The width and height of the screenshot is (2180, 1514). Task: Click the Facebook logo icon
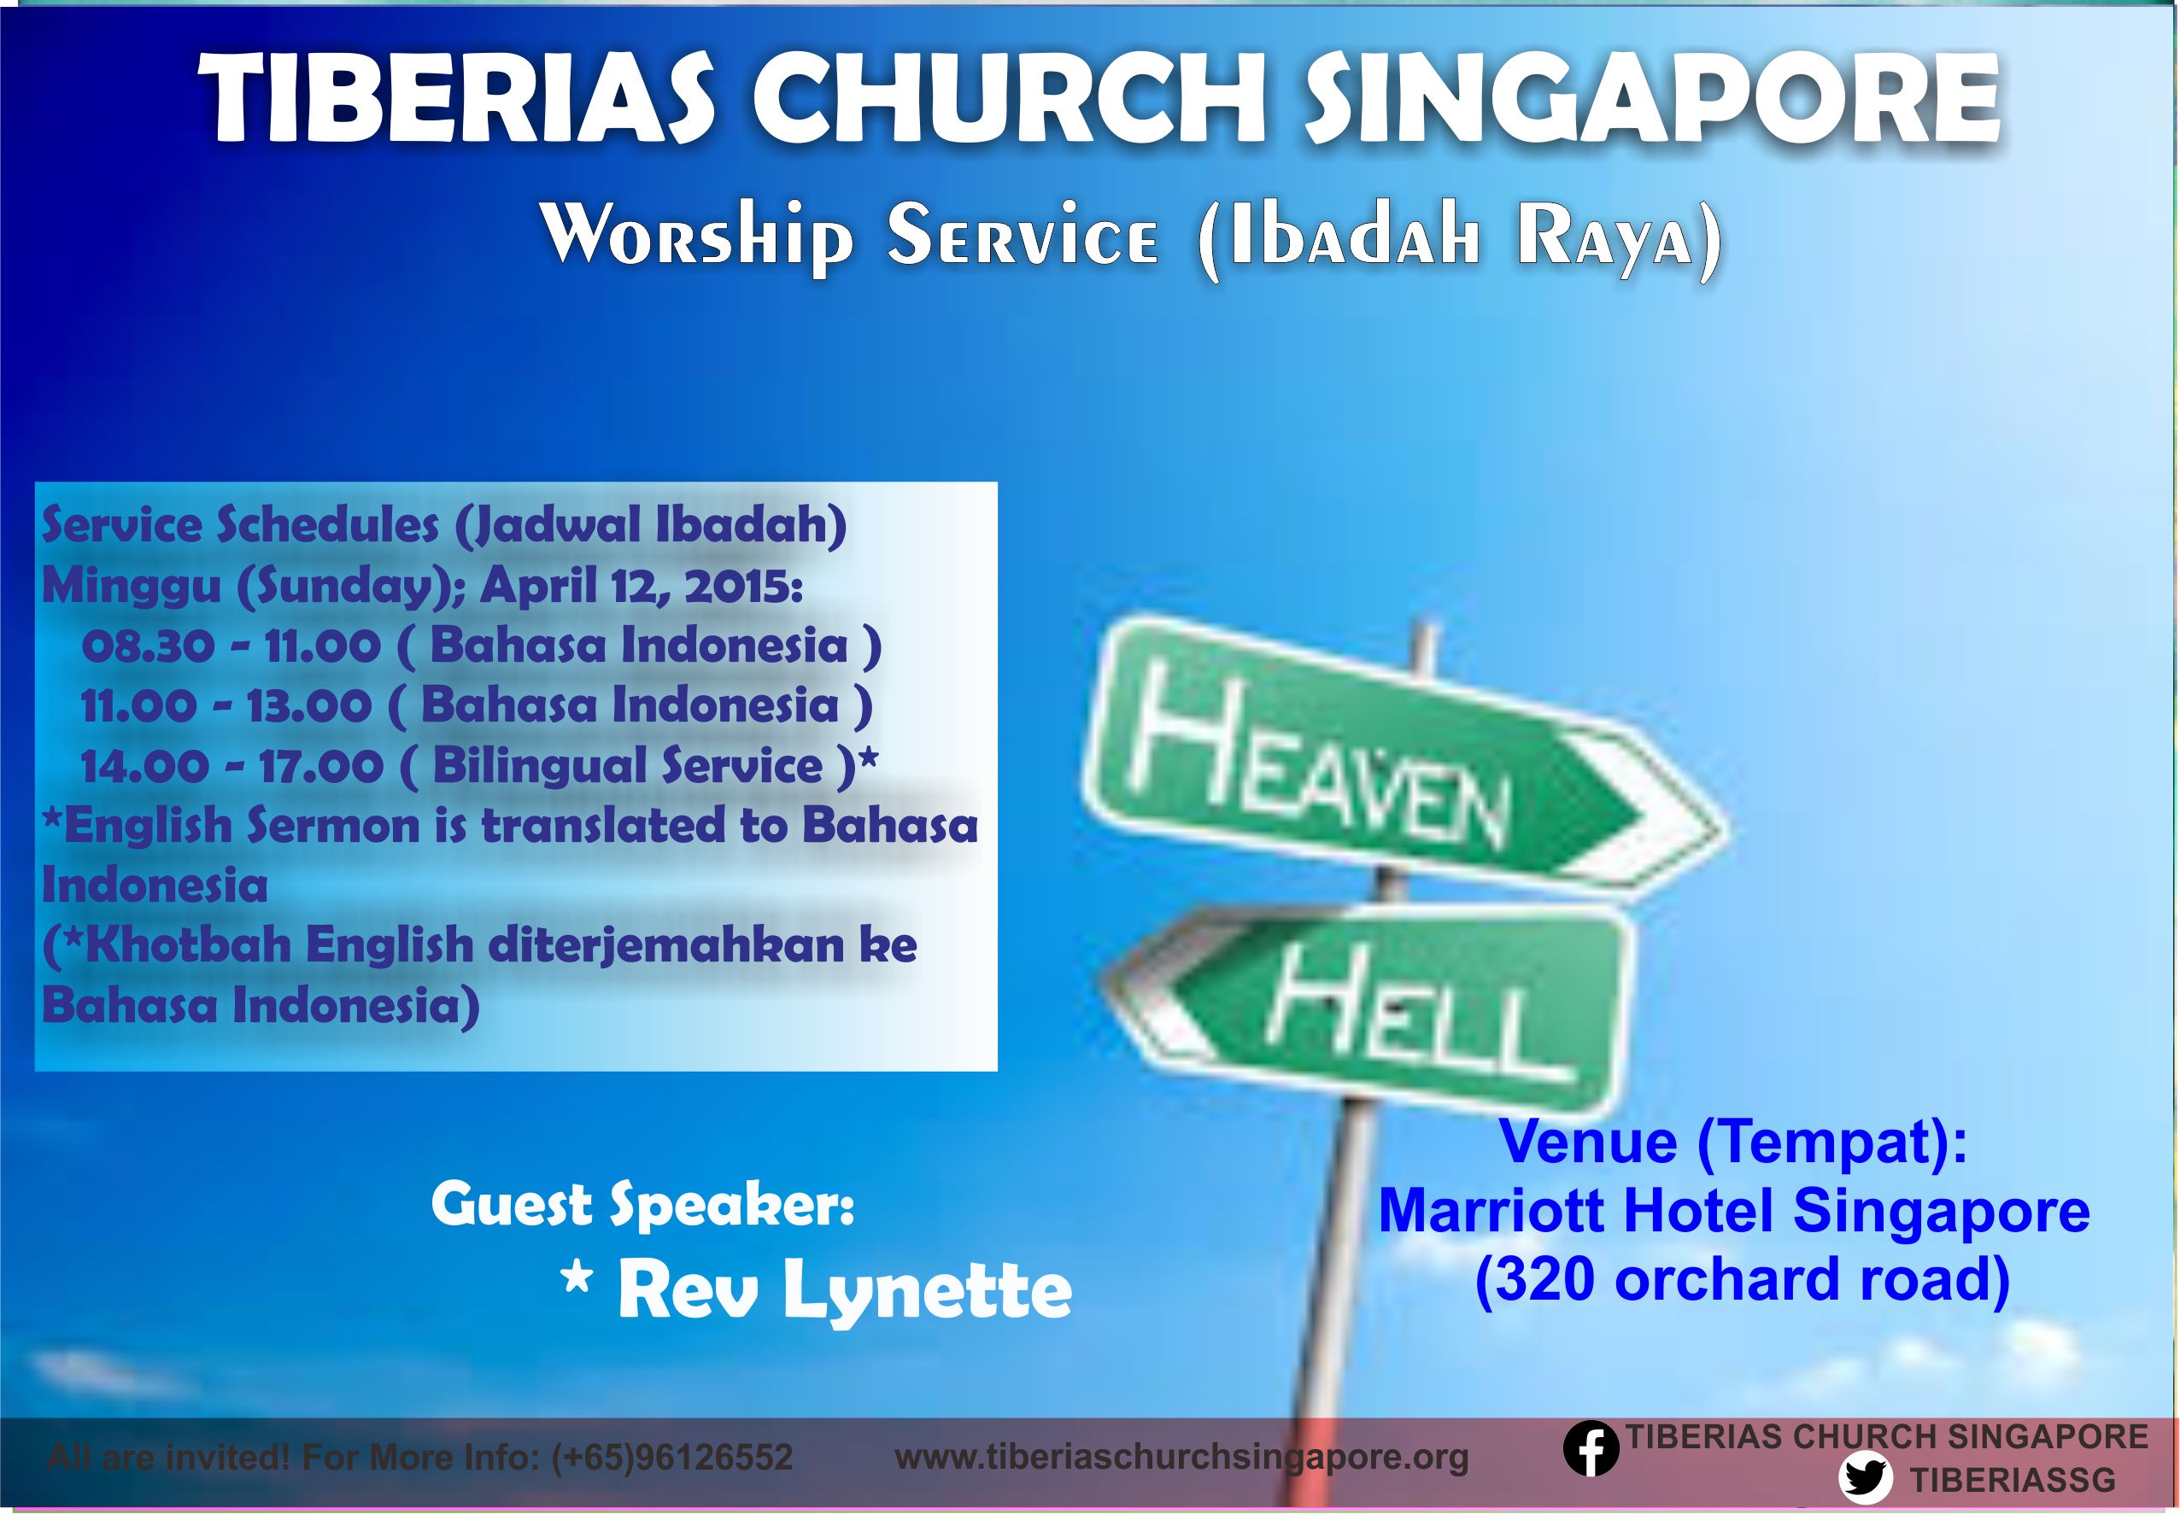[1591, 1451]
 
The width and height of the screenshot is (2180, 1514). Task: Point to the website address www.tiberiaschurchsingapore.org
[1181, 1457]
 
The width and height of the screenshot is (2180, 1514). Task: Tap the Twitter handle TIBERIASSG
[2000, 1480]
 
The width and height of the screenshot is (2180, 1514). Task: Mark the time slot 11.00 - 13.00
[225, 707]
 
